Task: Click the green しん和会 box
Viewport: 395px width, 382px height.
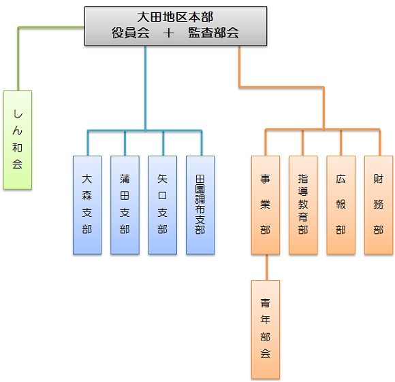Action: coord(18,140)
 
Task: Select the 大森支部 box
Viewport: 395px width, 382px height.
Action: coord(87,205)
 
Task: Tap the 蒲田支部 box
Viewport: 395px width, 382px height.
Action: coord(125,205)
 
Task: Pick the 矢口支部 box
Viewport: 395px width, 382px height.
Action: coord(163,205)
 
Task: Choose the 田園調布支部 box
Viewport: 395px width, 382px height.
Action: coord(200,205)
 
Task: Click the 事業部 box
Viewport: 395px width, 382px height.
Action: coord(266,205)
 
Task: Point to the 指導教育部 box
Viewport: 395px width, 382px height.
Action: coord(303,205)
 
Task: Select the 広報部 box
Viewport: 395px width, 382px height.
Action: coord(341,205)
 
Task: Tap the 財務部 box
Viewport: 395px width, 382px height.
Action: coord(379,205)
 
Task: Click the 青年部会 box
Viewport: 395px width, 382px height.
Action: coord(266,330)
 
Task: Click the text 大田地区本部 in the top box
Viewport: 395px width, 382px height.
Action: coord(175,17)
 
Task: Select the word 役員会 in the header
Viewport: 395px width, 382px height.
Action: coord(131,33)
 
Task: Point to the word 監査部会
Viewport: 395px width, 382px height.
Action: coord(214,33)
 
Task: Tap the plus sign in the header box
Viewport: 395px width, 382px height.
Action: coord(169,33)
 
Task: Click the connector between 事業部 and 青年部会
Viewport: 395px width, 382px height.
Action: coord(267,267)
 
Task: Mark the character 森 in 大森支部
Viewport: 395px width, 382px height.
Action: coord(87,196)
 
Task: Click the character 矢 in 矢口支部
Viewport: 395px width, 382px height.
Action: coord(163,179)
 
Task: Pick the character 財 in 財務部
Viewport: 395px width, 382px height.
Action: coord(379,179)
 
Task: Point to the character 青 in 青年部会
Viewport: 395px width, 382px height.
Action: coord(266,303)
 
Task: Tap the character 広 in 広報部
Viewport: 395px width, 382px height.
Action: coord(341,179)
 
